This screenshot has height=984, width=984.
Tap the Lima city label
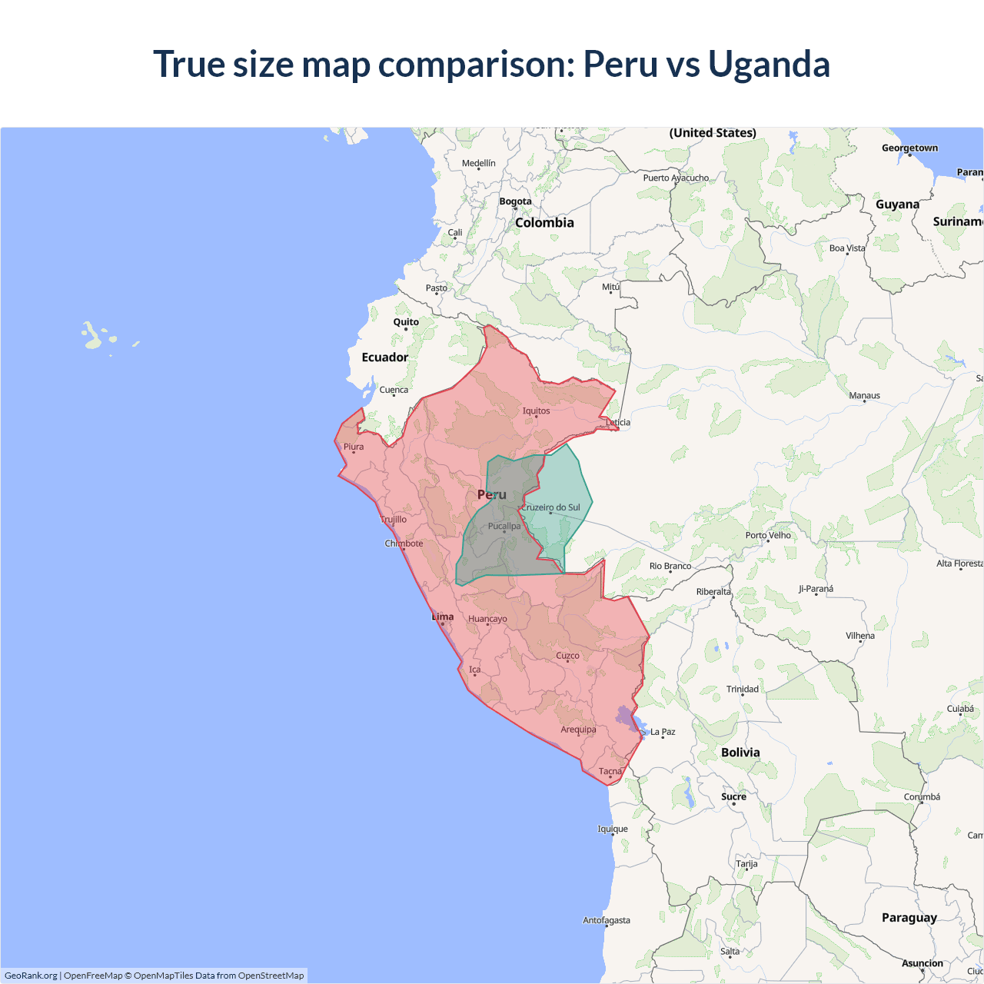[x=443, y=617]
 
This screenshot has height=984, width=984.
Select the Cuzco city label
[x=567, y=656]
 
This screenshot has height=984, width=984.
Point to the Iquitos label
[x=536, y=411]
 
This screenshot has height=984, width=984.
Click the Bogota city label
[x=515, y=201]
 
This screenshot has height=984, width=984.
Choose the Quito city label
[x=406, y=322]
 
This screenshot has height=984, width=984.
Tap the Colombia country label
[x=544, y=223]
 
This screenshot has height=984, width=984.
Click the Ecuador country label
[x=385, y=357]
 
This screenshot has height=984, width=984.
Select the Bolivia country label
[x=740, y=753]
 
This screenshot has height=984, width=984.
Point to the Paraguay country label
[x=909, y=917]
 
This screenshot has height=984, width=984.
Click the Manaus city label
[x=864, y=395]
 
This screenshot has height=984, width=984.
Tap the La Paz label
[x=663, y=732]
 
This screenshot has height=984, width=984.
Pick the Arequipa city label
[x=578, y=730]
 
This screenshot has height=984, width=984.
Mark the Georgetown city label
[x=909, y=148]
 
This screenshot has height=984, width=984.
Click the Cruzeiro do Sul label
[x=551, y=507]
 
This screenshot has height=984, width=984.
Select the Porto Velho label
[x=768, y=535]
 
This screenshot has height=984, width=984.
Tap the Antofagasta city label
[x=607, y=920]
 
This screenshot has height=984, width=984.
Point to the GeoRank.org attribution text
[x=31, y=976]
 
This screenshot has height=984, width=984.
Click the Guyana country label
[x=897, y=204]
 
